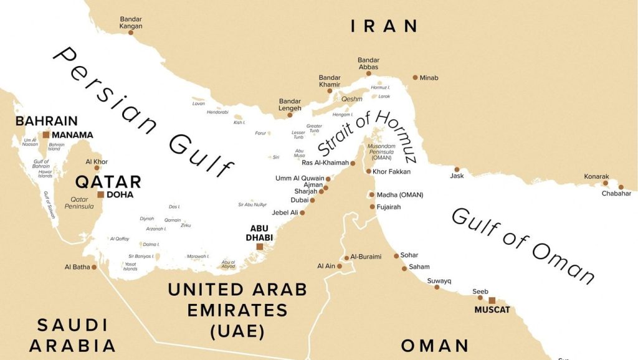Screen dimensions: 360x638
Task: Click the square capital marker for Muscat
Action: point(492,300)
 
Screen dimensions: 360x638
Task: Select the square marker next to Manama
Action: point(45,135)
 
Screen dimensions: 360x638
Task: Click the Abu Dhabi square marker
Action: point(260,247)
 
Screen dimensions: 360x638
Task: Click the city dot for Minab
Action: point(415,78)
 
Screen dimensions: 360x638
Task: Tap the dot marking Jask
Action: point(457,169)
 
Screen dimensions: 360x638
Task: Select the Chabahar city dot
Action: point(621,186)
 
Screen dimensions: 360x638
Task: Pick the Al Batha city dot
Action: point(94,267)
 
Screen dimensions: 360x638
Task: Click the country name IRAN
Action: point(384,26)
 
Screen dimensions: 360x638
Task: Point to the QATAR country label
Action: point(108,182)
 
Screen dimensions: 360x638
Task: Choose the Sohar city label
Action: point(410,255)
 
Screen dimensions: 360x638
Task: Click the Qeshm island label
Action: point(351,98)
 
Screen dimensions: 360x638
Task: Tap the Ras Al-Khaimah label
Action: point(325,163)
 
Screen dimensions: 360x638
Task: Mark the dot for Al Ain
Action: point(341,266)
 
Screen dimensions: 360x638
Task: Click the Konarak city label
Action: point(596,176)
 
